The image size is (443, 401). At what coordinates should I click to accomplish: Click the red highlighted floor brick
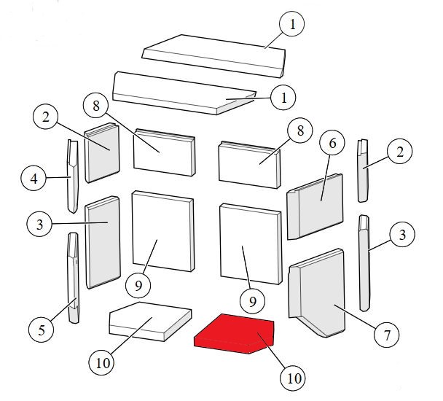[234, 334]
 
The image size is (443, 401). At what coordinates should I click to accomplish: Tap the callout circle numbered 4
[34, 178]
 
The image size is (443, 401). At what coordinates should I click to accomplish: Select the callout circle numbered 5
[42, 330]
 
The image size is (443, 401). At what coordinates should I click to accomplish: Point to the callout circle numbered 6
[332, 143]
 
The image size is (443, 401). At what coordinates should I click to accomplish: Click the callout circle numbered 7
[387, 335]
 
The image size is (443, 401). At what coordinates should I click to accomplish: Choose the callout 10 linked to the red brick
[293, 378]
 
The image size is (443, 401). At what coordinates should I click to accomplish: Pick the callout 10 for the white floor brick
[102, 362]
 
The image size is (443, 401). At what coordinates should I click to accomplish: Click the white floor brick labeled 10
[150, 322]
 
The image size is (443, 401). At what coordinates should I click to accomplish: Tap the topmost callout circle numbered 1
[292, 24]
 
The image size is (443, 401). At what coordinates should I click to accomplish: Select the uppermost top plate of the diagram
[213, 55]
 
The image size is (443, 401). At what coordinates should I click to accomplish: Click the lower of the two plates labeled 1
[184, 93]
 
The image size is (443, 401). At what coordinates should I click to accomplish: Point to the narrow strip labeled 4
[72, 176]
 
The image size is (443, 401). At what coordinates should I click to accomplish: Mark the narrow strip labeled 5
[74, 278]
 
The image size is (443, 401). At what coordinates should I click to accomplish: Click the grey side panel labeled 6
[315, 206]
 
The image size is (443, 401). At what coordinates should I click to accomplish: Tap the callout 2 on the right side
[399, 152]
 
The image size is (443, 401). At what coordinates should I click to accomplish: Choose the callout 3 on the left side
[39, 225]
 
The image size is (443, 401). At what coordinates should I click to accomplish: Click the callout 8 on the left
[96, 106]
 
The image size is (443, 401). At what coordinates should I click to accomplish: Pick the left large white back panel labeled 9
[163, 231]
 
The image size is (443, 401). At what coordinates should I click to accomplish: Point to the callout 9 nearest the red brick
[252, 301]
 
